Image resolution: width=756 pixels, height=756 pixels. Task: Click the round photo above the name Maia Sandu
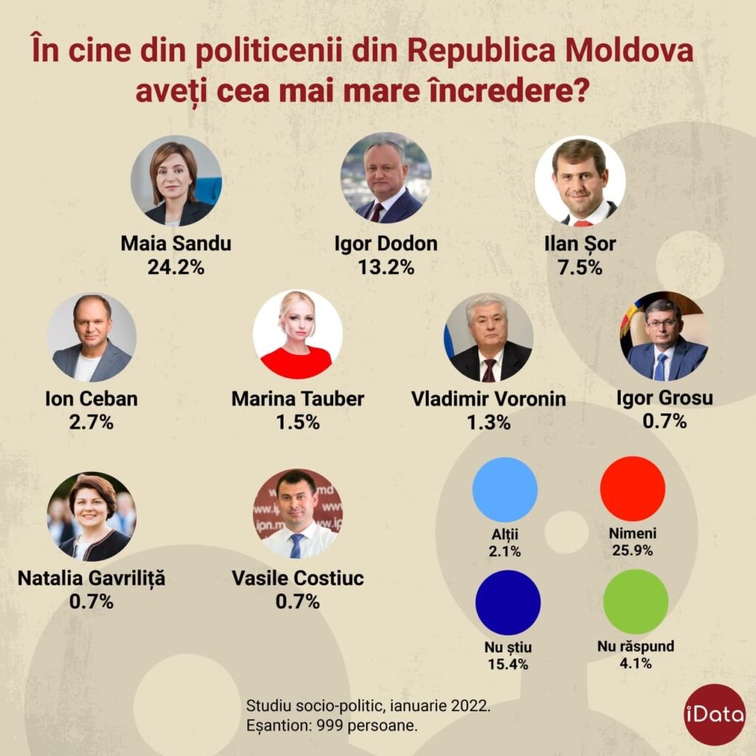[x=176, y=180]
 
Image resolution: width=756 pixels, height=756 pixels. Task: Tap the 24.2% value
[x=176, y=267]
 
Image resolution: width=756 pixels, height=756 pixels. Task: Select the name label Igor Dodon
[x=385, y=244]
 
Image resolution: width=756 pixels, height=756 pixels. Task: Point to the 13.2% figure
[x=385, y=267]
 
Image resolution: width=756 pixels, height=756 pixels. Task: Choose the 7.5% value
[x=580, y=267]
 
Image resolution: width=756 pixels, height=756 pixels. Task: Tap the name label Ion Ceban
[x=92, y=399]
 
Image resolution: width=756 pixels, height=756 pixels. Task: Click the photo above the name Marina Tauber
[x=297, y=334]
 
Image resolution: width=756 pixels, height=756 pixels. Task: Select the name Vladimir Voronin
[x=489, y=399]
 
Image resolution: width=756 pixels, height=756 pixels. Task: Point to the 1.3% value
[x=489, y=422]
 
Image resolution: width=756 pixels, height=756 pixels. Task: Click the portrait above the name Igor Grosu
[x=664, y=336]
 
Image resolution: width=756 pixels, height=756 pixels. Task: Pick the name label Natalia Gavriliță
[x=92, y=578]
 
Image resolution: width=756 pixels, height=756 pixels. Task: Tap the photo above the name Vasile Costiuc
[x=298, y=513]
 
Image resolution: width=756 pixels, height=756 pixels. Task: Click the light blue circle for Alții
[x=504, y=489]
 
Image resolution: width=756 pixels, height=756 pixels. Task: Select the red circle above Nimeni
[x=633, y=489]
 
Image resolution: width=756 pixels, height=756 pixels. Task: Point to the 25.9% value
[x=633, y=550]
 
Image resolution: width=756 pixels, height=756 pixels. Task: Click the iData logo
[x=714, y=714]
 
